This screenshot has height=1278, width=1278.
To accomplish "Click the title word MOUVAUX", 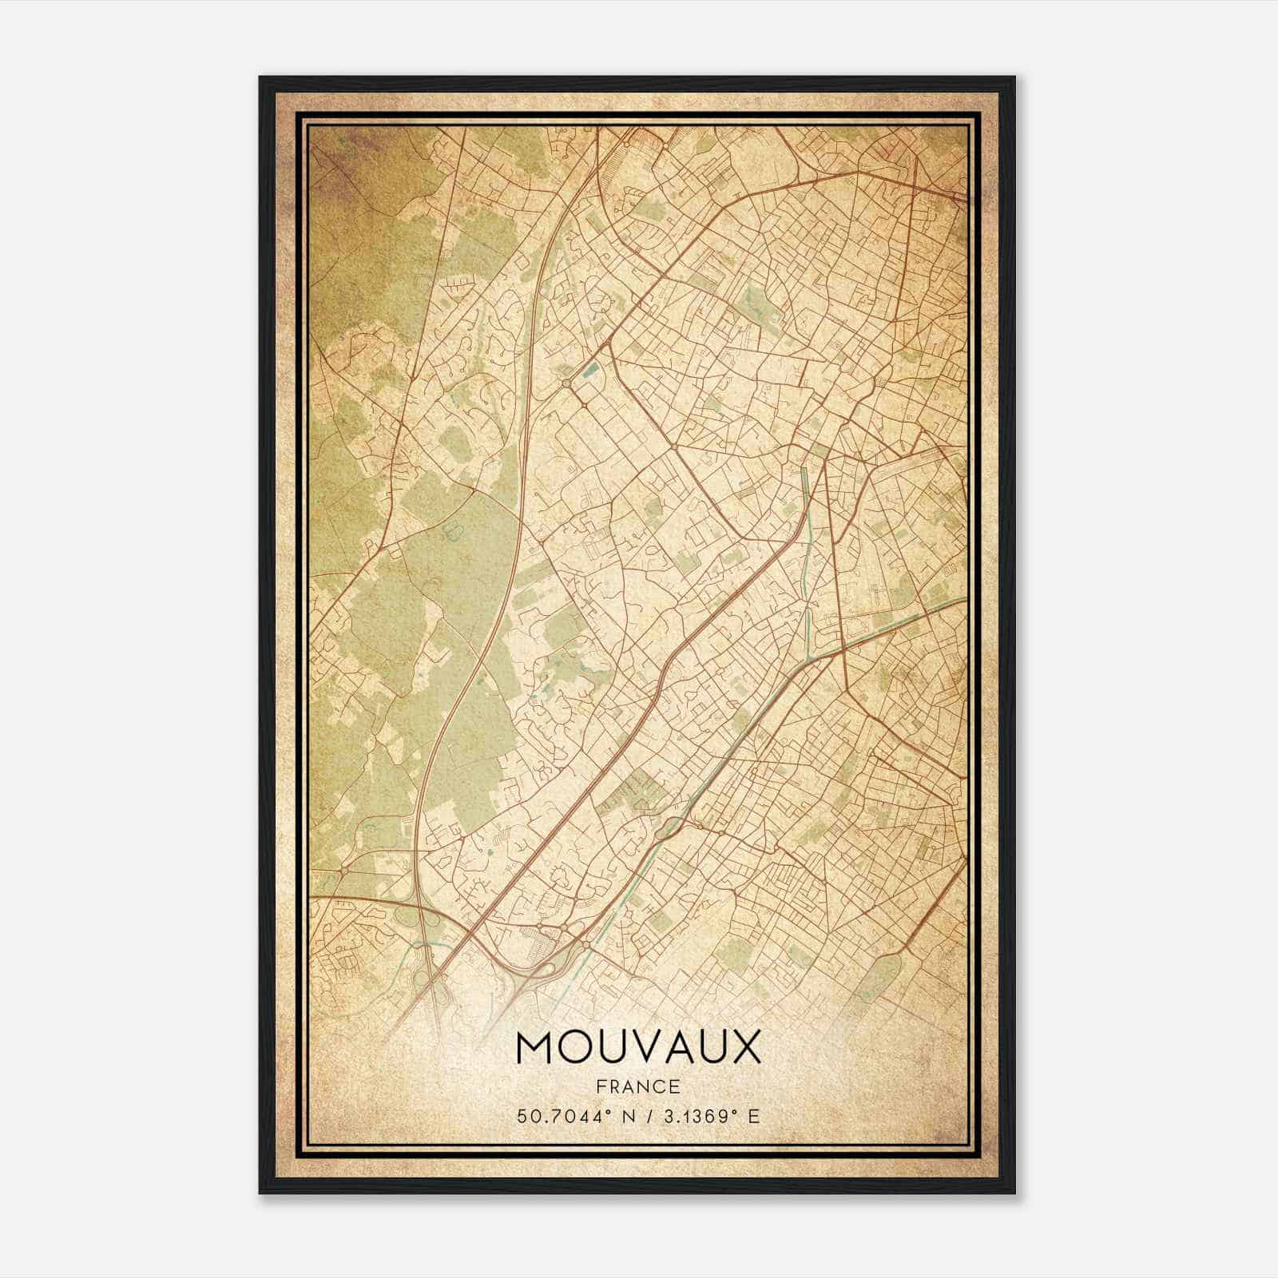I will tap(638, 1047).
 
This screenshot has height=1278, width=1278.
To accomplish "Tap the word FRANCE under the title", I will tap(638, 1086).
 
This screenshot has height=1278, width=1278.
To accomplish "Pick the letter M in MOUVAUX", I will tap(534, 1047).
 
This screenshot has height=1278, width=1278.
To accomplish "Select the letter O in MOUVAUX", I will tap(571, 1047).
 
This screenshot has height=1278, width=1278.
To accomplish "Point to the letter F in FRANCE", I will tap(600, 1086).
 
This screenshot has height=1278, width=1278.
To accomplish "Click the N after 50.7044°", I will tap(613, 1116).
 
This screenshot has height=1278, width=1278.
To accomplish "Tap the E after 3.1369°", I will tap(753, 1116).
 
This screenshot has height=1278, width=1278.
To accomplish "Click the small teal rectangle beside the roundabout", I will tap(591, 368).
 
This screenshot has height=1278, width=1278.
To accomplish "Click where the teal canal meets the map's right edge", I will tap(965, 597).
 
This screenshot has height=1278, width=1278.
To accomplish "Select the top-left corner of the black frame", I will tap(260, 77).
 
